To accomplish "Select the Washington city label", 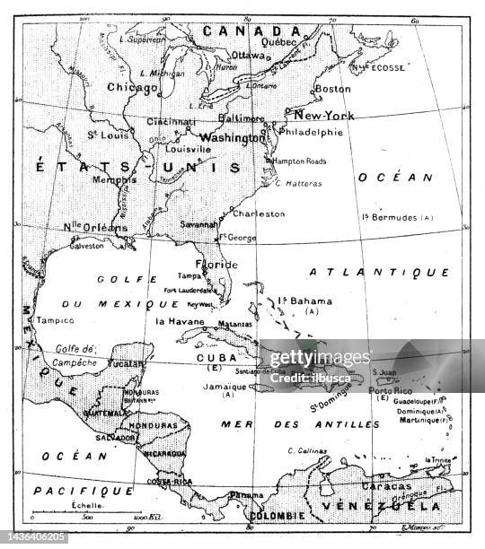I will (x=232, y=138).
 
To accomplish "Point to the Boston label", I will (x=332, y=89).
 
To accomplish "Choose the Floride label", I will (x=218, y=265).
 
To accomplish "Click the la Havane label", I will (x=181, y=321).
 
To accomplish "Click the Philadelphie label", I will (x=312, y=132).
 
